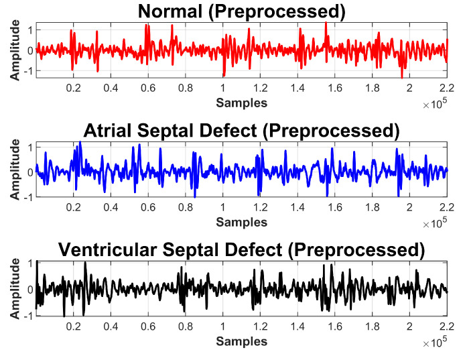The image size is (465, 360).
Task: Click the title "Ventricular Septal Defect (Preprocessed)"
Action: pos(241,250)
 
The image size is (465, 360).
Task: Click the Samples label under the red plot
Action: pos(241,103)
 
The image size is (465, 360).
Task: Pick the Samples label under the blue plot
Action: pos(241,221)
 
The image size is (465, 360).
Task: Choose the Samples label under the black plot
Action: pos(241,341)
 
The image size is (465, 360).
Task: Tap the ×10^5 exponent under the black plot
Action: pos(436,343)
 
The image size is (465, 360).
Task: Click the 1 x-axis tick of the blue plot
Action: pos(222,206)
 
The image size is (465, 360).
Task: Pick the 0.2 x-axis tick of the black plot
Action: pos(73,326)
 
